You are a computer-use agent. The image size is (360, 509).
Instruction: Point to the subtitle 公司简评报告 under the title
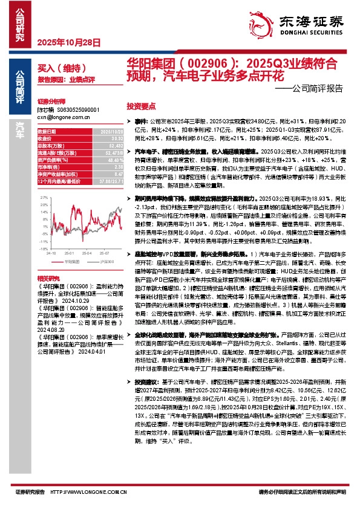point(318,88)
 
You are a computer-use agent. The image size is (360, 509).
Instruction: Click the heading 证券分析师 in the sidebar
point(50,103)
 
